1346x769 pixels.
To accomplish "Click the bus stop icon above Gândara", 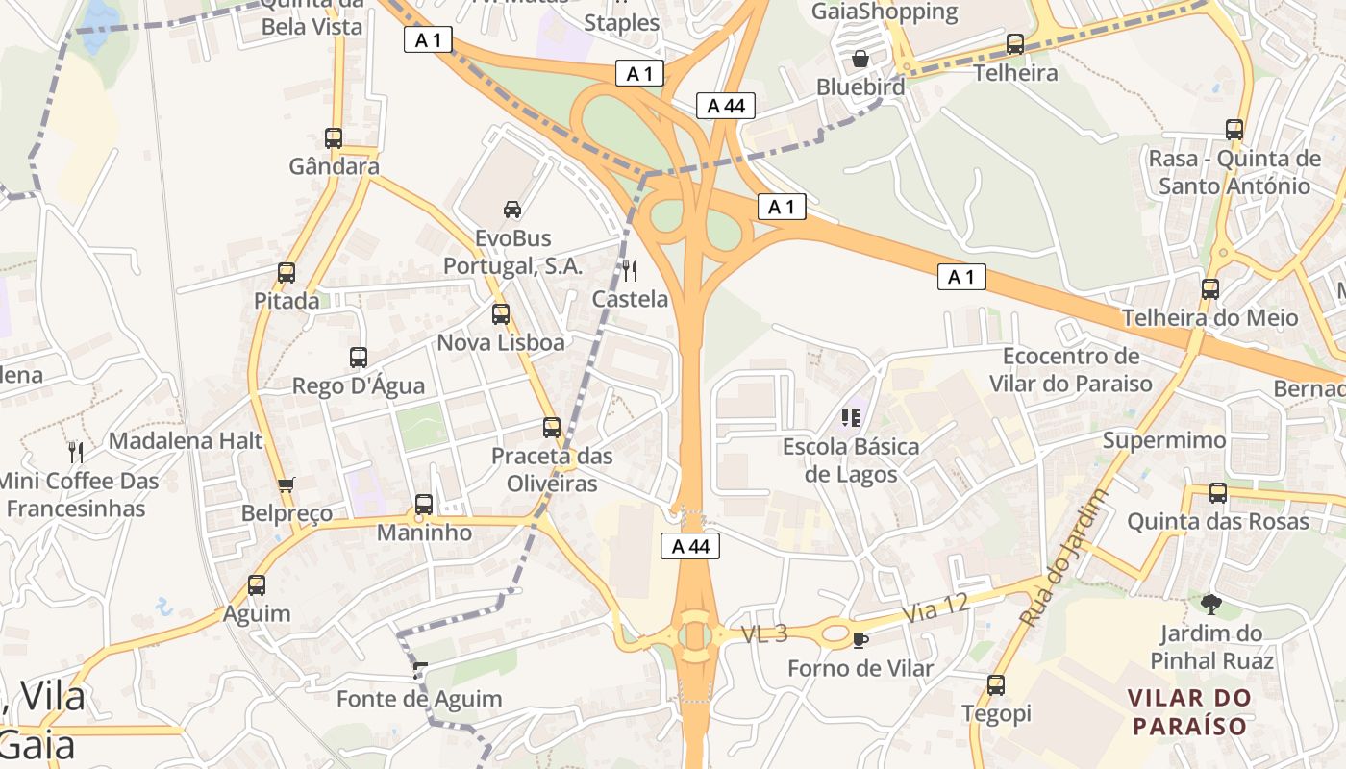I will click(334, 138).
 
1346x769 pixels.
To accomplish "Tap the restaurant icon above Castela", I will click(630, 271).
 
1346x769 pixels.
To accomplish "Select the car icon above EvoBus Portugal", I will click(512, 209).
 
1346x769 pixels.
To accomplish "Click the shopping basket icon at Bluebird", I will click(860, 59).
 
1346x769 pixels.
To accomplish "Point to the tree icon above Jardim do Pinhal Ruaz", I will click(1210, 605).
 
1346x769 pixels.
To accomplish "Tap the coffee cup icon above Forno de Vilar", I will click(860, 640).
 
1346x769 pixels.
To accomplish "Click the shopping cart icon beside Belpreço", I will click(286, 485).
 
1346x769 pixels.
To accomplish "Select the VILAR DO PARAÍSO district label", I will click(1189, 711).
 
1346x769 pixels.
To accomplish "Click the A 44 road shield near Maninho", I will click(690, 547).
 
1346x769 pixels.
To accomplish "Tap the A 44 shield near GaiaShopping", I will click(726, 106).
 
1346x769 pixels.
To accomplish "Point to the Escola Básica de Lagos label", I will click(850, 460).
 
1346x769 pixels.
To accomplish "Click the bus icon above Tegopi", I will click(996, 685).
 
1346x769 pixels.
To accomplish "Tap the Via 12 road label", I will click(935, 608).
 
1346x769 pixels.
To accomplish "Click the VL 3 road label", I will click(764, 633).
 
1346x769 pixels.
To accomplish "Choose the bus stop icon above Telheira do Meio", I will click(1210, 289).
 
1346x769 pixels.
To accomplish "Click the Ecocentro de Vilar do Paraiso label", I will click(1070, 370).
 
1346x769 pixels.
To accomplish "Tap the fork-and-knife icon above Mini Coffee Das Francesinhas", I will click(76, 452).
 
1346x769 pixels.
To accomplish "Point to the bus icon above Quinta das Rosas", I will click(1218, 493).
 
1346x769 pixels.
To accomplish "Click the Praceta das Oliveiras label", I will click(552, 469).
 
